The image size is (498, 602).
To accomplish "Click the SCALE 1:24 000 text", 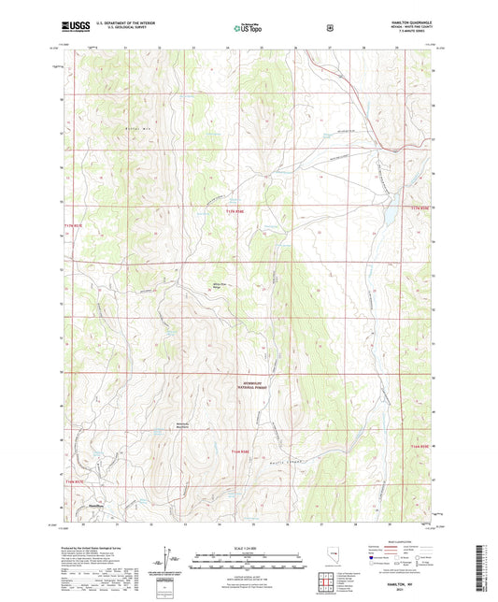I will click(x=249, y=548).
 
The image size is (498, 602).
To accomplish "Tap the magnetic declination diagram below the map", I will click(x=167, y=556).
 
